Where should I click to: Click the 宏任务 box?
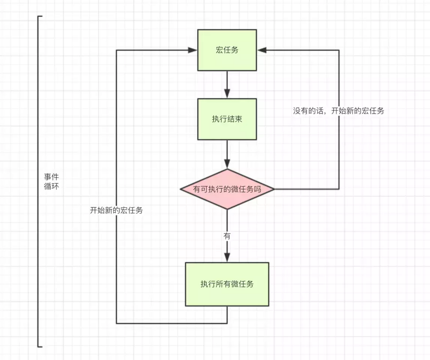[227, 50]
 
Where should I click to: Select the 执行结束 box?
[227, 119]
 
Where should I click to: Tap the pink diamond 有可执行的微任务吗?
[227, 189]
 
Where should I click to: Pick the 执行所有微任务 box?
[227, 284]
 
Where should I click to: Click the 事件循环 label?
[51, 182]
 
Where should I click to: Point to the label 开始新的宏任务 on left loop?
[116, 210]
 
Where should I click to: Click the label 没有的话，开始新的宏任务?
[338, 111]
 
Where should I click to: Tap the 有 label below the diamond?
[227, 236]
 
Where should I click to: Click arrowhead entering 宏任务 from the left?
[193, 50]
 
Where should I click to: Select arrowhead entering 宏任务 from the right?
[262, 50]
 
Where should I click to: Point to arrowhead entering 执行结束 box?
[227, 94]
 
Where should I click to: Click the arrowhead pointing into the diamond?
[227, 164]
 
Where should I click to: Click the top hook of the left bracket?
[40, 17]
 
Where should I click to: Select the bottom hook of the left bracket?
[40, 347]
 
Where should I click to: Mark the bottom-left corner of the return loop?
[116, 323]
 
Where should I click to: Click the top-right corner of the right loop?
[339, 50]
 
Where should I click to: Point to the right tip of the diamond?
[274, 189]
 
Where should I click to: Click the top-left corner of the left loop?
[116, 50]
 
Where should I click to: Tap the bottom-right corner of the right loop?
[339, 189]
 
